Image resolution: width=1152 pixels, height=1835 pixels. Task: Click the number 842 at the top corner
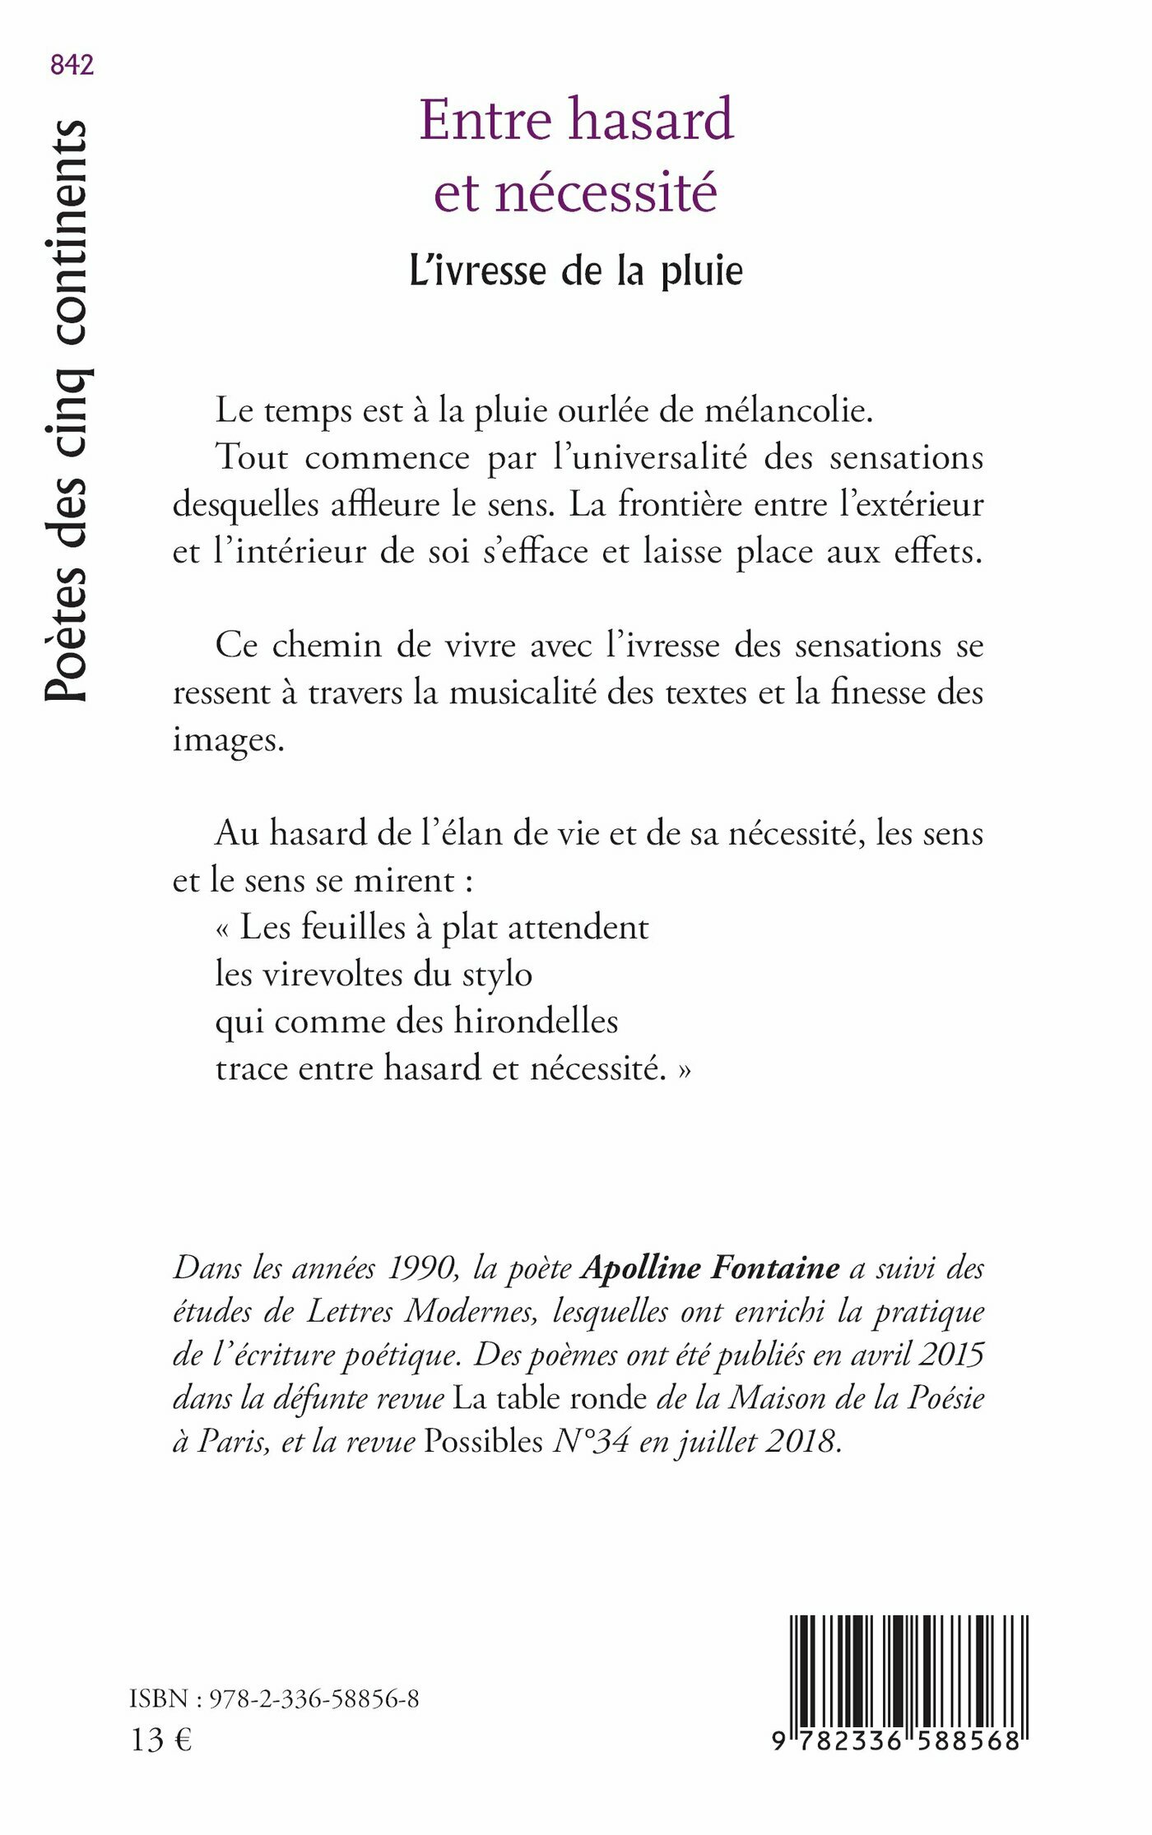pos(72,65)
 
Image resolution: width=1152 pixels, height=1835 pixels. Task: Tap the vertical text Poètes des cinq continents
pos(66,411)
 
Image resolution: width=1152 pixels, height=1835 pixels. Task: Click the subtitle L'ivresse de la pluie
pos(576,271)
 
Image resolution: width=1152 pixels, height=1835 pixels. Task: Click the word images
pos(228,739)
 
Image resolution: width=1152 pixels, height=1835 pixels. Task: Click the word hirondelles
pos(536,1022)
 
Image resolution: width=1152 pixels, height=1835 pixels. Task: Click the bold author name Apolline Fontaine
pos(710,1267)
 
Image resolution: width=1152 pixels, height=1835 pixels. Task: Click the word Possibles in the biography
pos(483,1441)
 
